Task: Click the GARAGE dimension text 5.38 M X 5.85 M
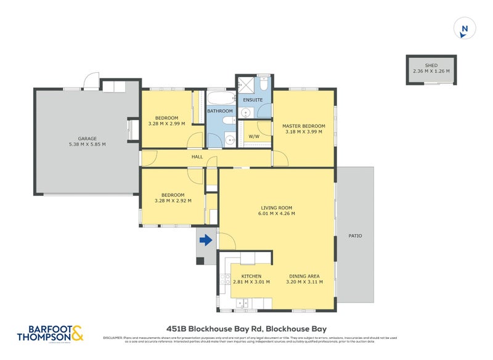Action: tap(87, 144)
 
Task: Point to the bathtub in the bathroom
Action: tap(220, 99)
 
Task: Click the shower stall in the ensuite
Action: tap(246, 84)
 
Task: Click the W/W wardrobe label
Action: tap(254, 136)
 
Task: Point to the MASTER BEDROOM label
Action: tap(303, 126)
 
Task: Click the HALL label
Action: tap(197, 157)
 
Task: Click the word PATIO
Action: tap(355, 235)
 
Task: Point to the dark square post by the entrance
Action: tap(200, 261)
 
